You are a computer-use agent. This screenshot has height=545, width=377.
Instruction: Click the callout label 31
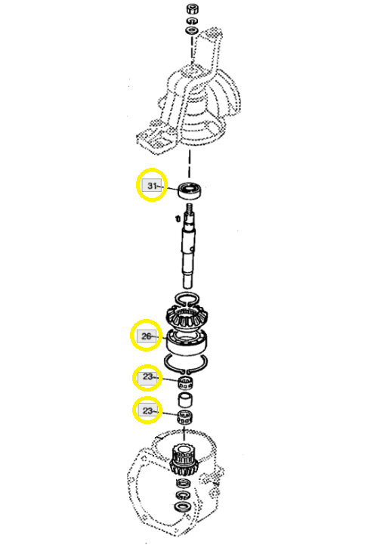pos(151,186)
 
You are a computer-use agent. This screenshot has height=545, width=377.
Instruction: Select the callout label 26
pos(147,336)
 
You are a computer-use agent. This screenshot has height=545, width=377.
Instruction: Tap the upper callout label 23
pos(147,376)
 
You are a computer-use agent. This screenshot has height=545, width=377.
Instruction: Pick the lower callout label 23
pos(147,410)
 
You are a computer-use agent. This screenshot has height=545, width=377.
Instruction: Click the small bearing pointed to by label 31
pos(190,190)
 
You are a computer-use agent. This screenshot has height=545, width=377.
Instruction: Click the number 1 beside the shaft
pos(178,218)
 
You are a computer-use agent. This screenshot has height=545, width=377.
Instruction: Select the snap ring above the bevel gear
pos(187,299)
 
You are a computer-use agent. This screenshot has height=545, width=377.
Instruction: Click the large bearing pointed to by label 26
pos(187,342)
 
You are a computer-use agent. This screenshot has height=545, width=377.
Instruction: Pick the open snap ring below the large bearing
pos(186,364)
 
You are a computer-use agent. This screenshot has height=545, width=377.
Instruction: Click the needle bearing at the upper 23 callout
pos(186,382)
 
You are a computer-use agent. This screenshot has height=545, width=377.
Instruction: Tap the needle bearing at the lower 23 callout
pos(185,416)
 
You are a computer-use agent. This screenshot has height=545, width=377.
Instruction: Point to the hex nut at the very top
pos(192,8)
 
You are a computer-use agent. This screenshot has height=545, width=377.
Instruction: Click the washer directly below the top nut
pos(191,20)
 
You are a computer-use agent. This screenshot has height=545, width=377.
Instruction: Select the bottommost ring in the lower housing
pos(183,506)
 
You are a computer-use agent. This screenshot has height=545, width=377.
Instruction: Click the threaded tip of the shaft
pos(190,209)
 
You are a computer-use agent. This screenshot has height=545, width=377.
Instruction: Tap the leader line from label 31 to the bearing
pos(169,188)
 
